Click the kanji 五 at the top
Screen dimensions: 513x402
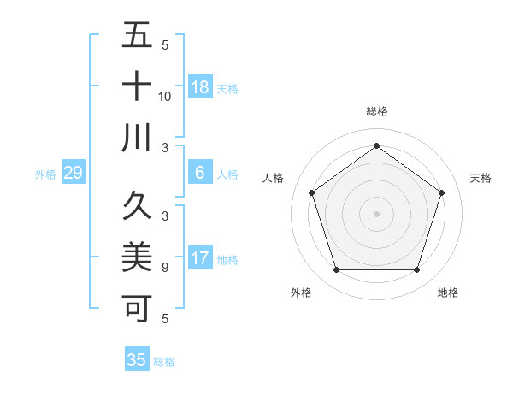[x=137, y=37]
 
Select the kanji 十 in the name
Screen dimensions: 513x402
[x=137, y=86]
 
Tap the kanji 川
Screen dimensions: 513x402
[x=137, y=138]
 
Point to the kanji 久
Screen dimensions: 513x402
[x=137, y=206]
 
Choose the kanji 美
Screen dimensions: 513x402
[x=137, y=256]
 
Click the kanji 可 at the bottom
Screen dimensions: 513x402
[x=137, y=307]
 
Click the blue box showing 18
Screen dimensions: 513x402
[x=200, y=87]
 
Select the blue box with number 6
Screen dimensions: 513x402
[x=200, y=173]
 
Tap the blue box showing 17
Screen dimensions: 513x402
[x=200, y=258]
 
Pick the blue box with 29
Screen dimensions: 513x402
[x=74, y=173]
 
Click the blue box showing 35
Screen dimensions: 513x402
[x=137, y=360]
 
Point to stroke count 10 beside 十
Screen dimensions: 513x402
[x=165, y=97]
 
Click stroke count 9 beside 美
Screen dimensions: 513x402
[x=165, y=268]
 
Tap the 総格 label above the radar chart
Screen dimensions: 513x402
[x=376, y=111]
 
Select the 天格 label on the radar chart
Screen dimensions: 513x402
[x=481, y=178]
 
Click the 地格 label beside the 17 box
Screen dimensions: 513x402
[x=227, y=259]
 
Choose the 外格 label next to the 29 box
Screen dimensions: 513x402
[x=45, y=174]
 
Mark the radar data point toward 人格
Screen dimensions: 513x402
[x=312, y=192]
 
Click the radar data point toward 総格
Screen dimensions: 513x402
[x=376, y=146]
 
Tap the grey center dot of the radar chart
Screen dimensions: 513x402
[x=376, y=213]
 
